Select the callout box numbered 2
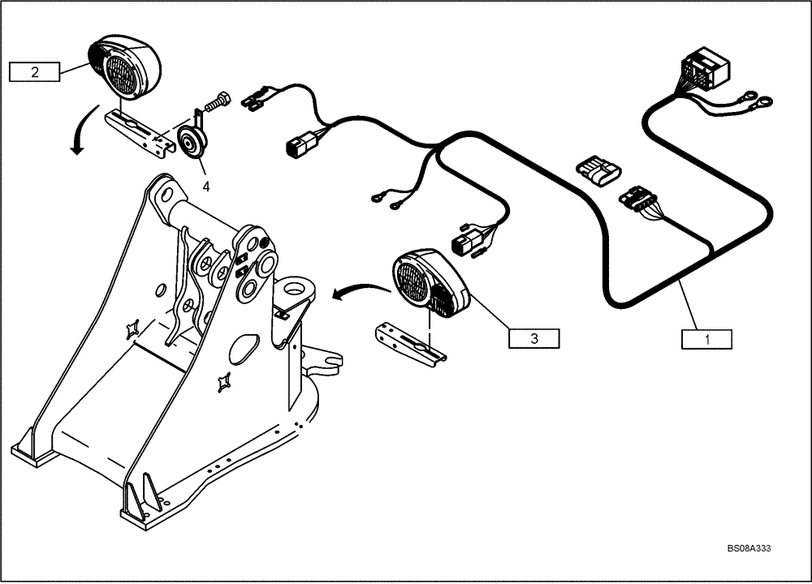point(34,72)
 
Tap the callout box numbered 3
point(533,338)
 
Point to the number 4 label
point(206,186)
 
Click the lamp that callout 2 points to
point(125,69)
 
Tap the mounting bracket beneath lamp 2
point(142,133)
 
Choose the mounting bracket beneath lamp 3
point(410,343)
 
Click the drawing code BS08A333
point(748,548)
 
